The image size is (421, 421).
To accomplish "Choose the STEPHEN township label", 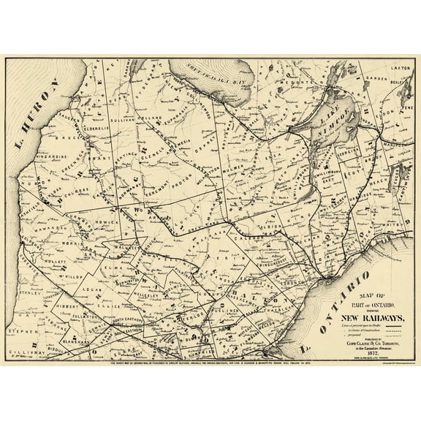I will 20,330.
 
